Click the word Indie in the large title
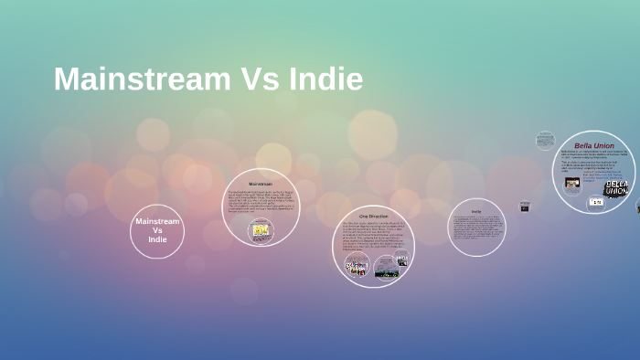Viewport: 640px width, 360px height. (x=325, y=79)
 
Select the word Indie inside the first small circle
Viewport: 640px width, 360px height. (x=157, y=239)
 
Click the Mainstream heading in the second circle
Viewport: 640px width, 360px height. (x=261, y=184)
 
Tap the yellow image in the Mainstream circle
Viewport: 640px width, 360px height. (x=261, y=230)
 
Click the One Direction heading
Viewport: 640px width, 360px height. (x=373, y=216)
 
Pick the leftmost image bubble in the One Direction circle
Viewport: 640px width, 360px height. (x=356, y=267)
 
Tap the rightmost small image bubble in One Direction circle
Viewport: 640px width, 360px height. (x=402, y=259)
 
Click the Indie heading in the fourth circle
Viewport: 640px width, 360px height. (x=476, y=211)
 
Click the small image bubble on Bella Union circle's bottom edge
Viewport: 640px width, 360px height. (x=595, y=202)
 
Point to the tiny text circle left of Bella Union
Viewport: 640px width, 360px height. (x=545, y=141)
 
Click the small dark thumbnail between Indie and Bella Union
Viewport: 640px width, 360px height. (x=525, y=206)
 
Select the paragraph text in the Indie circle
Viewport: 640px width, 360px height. (x=476, y=230)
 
